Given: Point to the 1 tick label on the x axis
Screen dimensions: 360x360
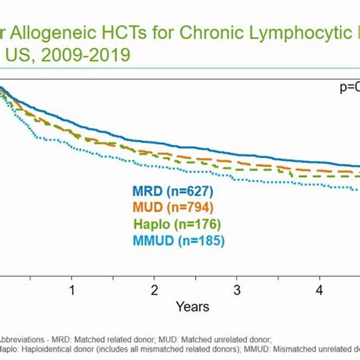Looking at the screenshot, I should tap(71, 291).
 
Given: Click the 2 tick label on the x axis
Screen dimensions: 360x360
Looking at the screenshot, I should tap(154, 291).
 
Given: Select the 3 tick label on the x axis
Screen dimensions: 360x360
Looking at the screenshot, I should tap(237, 291).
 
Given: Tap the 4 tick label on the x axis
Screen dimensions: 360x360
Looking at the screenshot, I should tap(320, 291).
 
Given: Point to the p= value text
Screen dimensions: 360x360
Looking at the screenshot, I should tap(348, 87).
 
